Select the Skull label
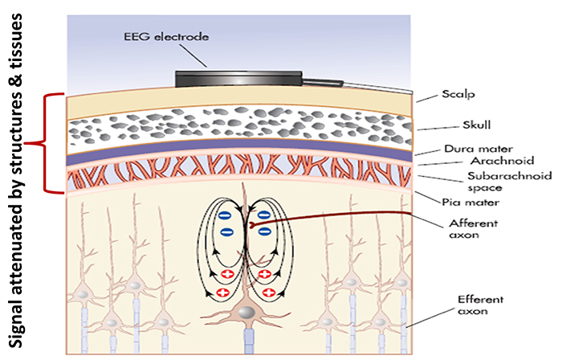[463, 126]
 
